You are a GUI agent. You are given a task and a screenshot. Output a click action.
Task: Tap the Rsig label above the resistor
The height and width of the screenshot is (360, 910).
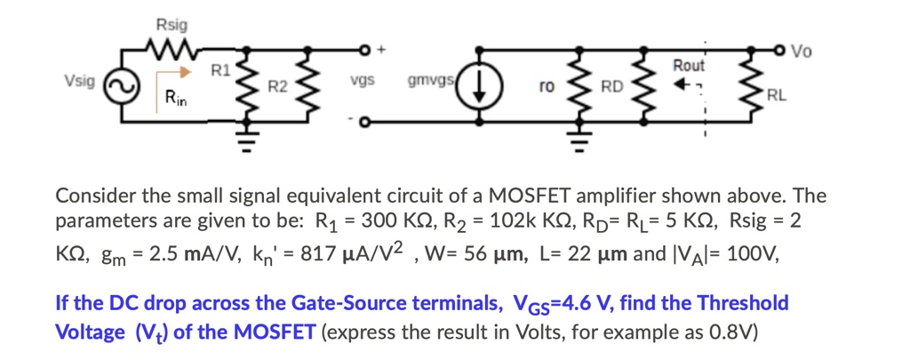click(169, 23)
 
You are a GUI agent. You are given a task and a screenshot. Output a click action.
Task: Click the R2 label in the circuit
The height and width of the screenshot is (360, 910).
click(278, 86)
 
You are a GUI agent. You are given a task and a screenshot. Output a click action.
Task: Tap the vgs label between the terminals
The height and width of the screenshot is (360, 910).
click(362, 80)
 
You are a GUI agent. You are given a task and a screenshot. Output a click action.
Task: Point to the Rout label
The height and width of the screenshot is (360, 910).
click(688, 66)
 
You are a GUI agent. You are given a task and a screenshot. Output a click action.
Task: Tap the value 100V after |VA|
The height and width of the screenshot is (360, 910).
click(753, 254)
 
